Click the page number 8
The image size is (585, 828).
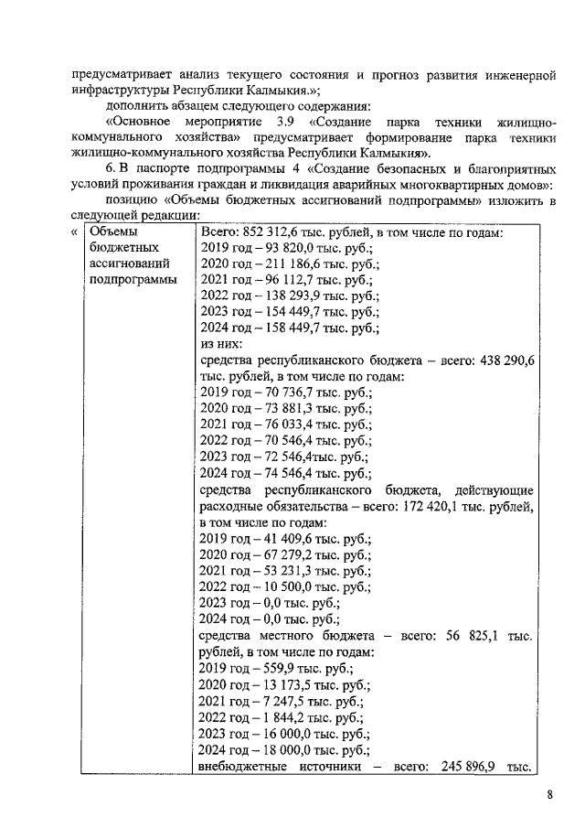tap(550, 794)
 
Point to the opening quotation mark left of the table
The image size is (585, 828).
tap(73, 232)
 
